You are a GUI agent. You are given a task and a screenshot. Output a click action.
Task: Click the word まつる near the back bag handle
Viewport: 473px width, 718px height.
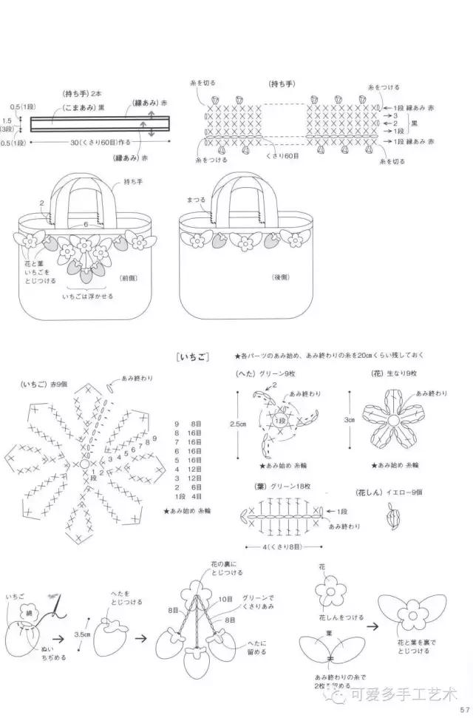[195, 199]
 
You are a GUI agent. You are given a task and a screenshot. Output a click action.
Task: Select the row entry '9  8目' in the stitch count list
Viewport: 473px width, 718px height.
[188, 424]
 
